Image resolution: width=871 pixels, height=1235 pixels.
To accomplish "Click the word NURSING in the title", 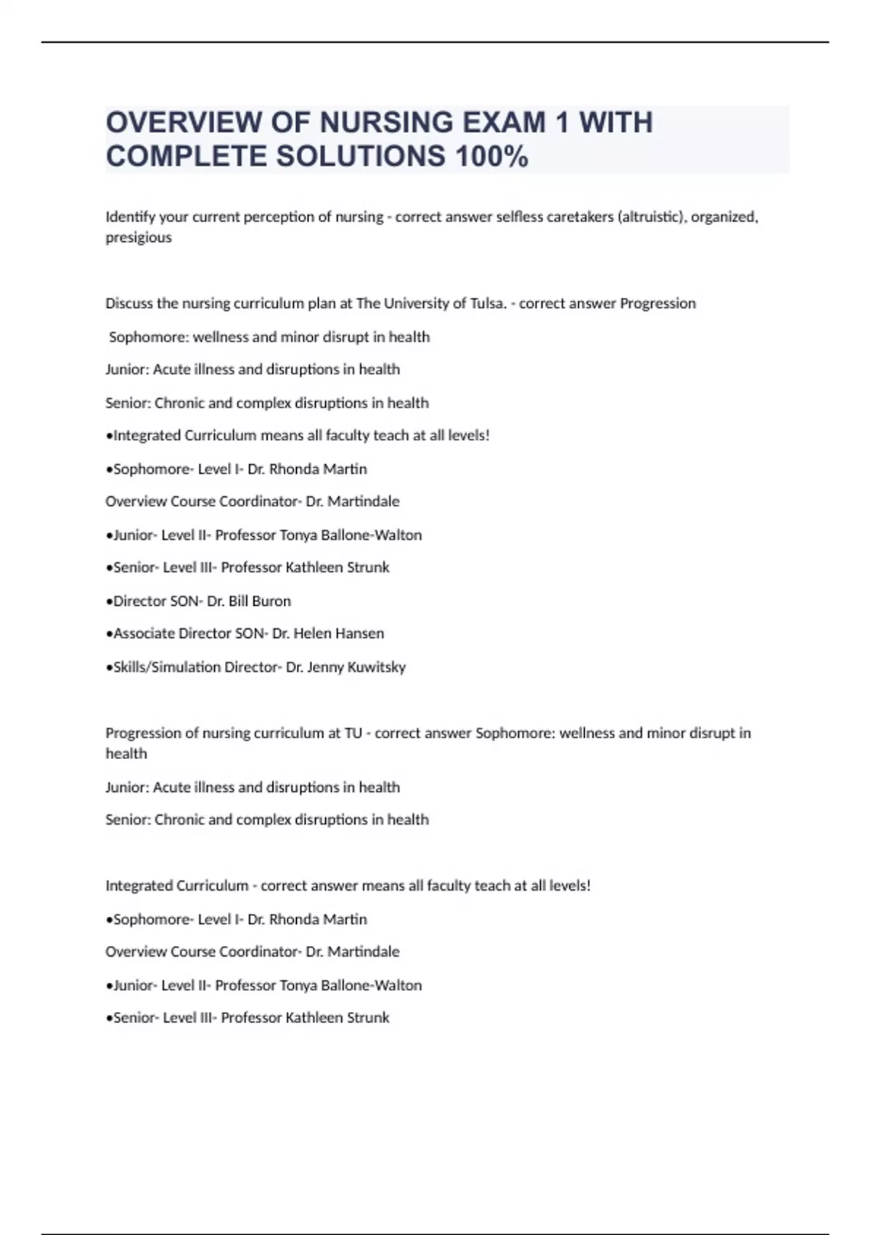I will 377,123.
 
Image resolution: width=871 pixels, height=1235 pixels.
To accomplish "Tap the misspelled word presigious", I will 139,238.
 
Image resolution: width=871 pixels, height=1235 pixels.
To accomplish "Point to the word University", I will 414,304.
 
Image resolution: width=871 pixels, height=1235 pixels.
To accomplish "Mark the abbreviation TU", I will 353,733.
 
